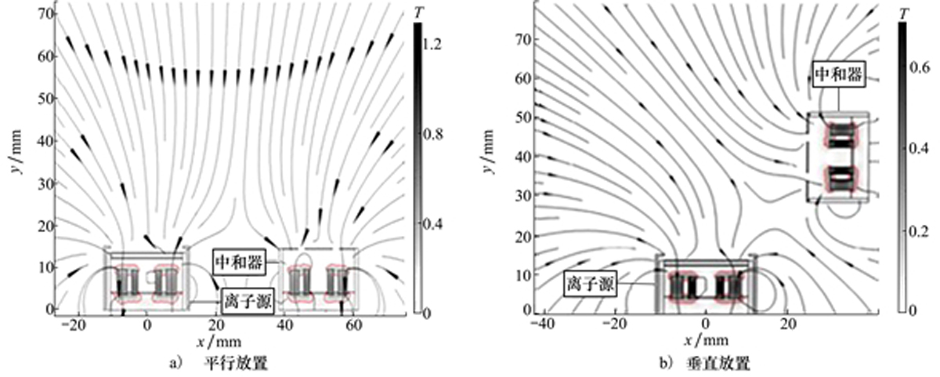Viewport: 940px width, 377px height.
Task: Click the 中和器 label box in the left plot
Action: (239, 263)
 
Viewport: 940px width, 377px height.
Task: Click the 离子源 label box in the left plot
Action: (248, 301)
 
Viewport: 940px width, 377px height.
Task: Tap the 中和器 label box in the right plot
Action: (838, 74)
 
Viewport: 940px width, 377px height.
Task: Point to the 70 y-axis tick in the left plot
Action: (46, 14)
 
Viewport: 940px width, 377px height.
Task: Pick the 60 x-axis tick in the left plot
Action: (353, 325)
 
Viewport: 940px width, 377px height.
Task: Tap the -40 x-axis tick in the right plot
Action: (543, 324)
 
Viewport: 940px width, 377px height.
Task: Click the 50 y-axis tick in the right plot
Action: (523, 118)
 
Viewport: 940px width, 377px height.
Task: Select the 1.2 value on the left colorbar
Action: (432, 44)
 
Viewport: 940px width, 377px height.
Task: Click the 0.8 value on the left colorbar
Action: (432, 134)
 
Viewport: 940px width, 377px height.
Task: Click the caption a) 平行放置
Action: (219, 363)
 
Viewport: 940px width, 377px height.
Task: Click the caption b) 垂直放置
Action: (704, 363)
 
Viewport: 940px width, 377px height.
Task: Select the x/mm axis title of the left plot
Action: (219, 342)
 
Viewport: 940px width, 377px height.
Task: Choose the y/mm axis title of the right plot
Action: (486, 151)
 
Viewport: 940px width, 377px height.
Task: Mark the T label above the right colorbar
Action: (902, 14)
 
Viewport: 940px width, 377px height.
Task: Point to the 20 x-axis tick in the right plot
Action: (788, 324)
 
